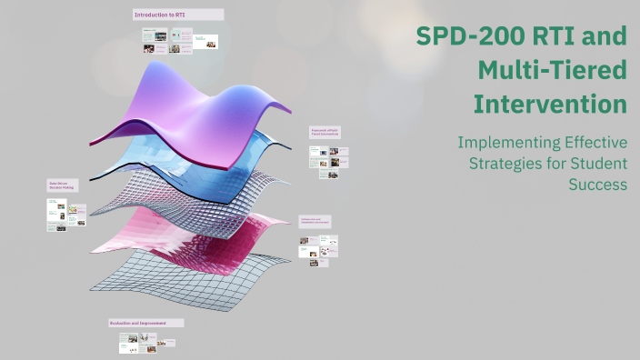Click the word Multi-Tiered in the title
552,71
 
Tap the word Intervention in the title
550,104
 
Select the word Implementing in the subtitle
502,143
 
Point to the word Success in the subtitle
597,185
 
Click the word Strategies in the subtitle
505,164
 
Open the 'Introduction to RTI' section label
177,15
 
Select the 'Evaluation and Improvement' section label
146,323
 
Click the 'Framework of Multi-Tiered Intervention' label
325,133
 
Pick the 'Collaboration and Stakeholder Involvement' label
315,221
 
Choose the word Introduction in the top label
152,15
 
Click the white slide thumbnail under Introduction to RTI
206,42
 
